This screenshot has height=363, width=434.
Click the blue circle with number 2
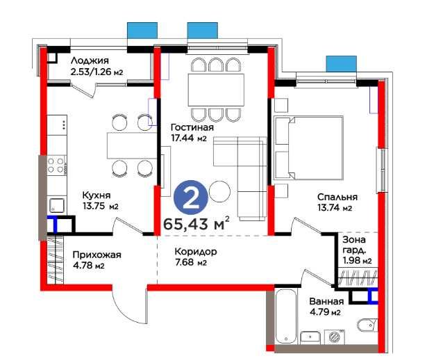191,198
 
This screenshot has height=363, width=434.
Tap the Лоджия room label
90,60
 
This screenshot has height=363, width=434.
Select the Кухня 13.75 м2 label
100,200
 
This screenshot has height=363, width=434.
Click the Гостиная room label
192,127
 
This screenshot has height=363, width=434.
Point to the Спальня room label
337,197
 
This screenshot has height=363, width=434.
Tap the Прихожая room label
97,255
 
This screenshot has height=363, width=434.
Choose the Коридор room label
196,252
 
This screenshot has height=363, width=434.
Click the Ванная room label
326,301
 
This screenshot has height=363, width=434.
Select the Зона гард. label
354,245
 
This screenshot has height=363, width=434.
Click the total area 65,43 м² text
197,224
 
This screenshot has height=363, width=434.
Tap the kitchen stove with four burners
56,165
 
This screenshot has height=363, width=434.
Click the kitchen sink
57,206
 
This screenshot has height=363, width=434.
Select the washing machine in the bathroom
334,337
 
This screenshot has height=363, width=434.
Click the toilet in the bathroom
367,325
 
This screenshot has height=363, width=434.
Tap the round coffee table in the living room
219,191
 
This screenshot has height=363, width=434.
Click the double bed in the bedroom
308,147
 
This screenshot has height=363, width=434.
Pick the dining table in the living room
216,90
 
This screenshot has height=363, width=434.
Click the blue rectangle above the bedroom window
341,64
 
